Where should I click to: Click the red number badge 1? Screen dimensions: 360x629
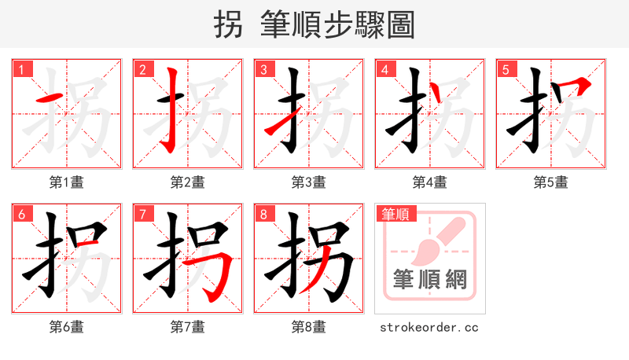(x=21, y=69)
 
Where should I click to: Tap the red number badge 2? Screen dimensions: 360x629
(x=142, y=69)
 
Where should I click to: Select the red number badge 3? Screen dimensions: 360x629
(x=263, y=69)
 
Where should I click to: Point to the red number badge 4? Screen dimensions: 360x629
(x=384, y=69)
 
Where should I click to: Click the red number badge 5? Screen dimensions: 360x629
(x=506, y=69)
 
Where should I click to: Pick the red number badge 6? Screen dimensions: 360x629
(x=21, y=214)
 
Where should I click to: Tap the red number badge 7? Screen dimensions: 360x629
(x=142, y=214)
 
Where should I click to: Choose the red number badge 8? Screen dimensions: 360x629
(x=263, y=214)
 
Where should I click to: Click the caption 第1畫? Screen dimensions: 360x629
(x=66, y=182)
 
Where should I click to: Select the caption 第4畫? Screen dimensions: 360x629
(x=429, y=182)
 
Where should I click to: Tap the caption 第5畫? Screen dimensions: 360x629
(x=550, y=182)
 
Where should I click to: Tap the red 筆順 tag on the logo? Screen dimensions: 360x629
(x=395, y=214)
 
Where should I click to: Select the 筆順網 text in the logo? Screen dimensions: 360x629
(x=429, y=280)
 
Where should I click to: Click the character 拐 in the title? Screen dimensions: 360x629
(x=229, y=25)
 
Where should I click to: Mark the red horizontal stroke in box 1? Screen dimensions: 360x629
(x=50, y=98)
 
